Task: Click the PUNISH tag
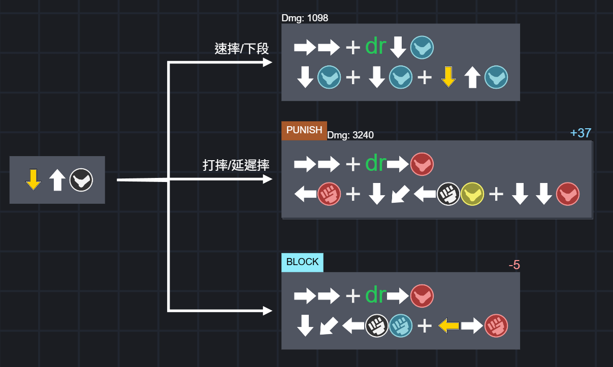pyautogui.click(x=304, y=130)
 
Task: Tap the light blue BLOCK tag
pyautogui.click(x=302, y=262)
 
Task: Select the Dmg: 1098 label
pyautogui.click(x=305, y=18)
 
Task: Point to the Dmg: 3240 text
pyautogui.click(x=350, y=135)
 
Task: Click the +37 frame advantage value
pyautogui.click(x=580, y=133)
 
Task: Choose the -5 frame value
pyautogui.click(x=514, y=265)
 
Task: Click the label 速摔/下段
pyautogui.click(x=242, y=49)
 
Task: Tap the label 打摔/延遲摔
pyautogui.click(x=236, y=165)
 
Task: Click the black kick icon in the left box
pyautogui.click(x=81, y=180)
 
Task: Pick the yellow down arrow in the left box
pyautogui.click(x=33, y=180)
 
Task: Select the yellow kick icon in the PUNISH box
pyautogui.click(x=472, y=194)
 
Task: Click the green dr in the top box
pyautogui.click(x=376, y=47)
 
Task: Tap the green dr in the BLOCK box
pyautogui.click(x=376, y=295)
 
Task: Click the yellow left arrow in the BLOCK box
pyautogui.click(x=448, y=326)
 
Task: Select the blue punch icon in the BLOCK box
pyautogui.click(x=401, y=326)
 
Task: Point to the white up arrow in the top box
pyautogui.click(x=472, y=78)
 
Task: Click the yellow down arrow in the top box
pyautogui.click(x=448, y=77)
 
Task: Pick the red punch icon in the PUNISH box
pyautogui.click(x=329, y=194)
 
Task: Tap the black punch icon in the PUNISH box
pyautogui.click(x=448, y=194)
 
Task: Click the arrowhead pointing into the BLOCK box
pyautogui.click(x=267, y=311)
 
